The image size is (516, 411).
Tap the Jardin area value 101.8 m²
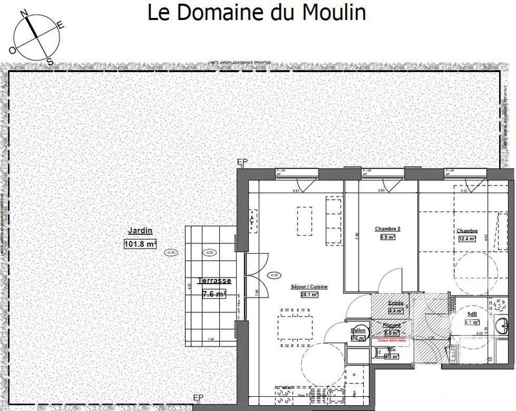point(141,244)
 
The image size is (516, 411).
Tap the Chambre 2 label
point(388,229)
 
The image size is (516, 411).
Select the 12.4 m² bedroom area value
point(466,238)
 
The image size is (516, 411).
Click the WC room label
point(390,348)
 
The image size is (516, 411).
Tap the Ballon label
point(359,330)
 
